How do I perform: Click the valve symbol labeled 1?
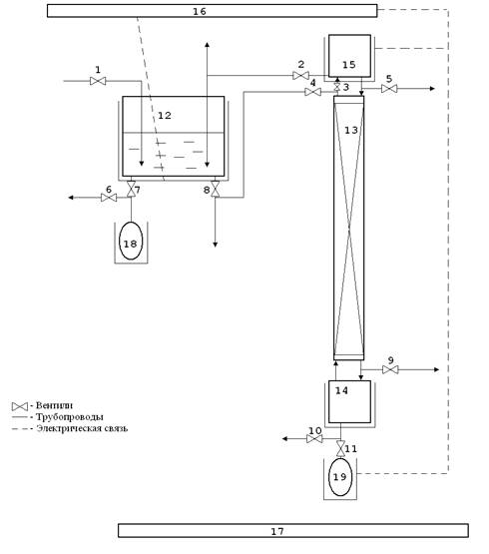98,81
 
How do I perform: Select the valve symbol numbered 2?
300,76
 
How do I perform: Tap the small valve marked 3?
337,87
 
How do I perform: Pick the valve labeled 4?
312,92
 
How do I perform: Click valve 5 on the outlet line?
389,89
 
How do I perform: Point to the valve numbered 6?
109,198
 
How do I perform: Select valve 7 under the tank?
131,189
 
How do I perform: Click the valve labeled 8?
216,189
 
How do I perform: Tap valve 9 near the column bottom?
390,370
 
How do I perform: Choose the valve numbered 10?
314,439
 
